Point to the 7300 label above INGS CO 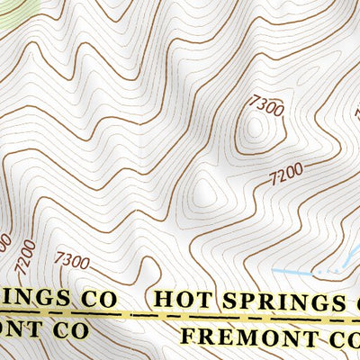71,261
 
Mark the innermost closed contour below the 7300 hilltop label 256,130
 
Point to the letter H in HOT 163,298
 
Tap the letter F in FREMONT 187,337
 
